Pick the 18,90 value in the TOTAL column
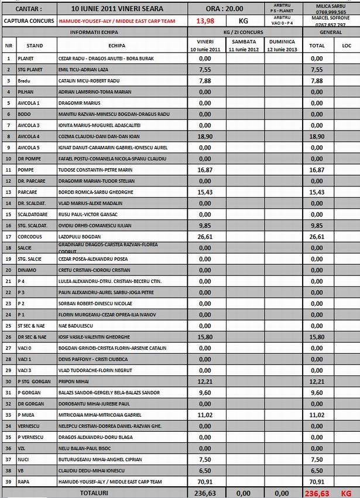point(317,135)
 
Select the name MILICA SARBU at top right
point(331,5)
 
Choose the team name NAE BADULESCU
point(77,325)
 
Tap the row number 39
point(8,482)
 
